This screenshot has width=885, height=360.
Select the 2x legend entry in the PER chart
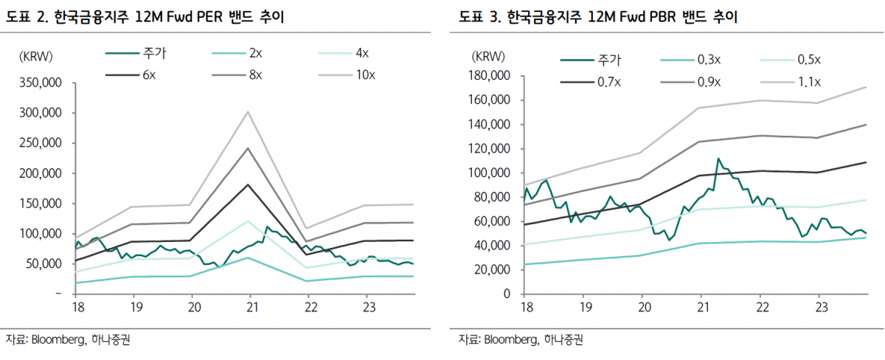255,53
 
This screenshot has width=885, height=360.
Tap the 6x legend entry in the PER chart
146,75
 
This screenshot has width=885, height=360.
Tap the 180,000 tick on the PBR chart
490,75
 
